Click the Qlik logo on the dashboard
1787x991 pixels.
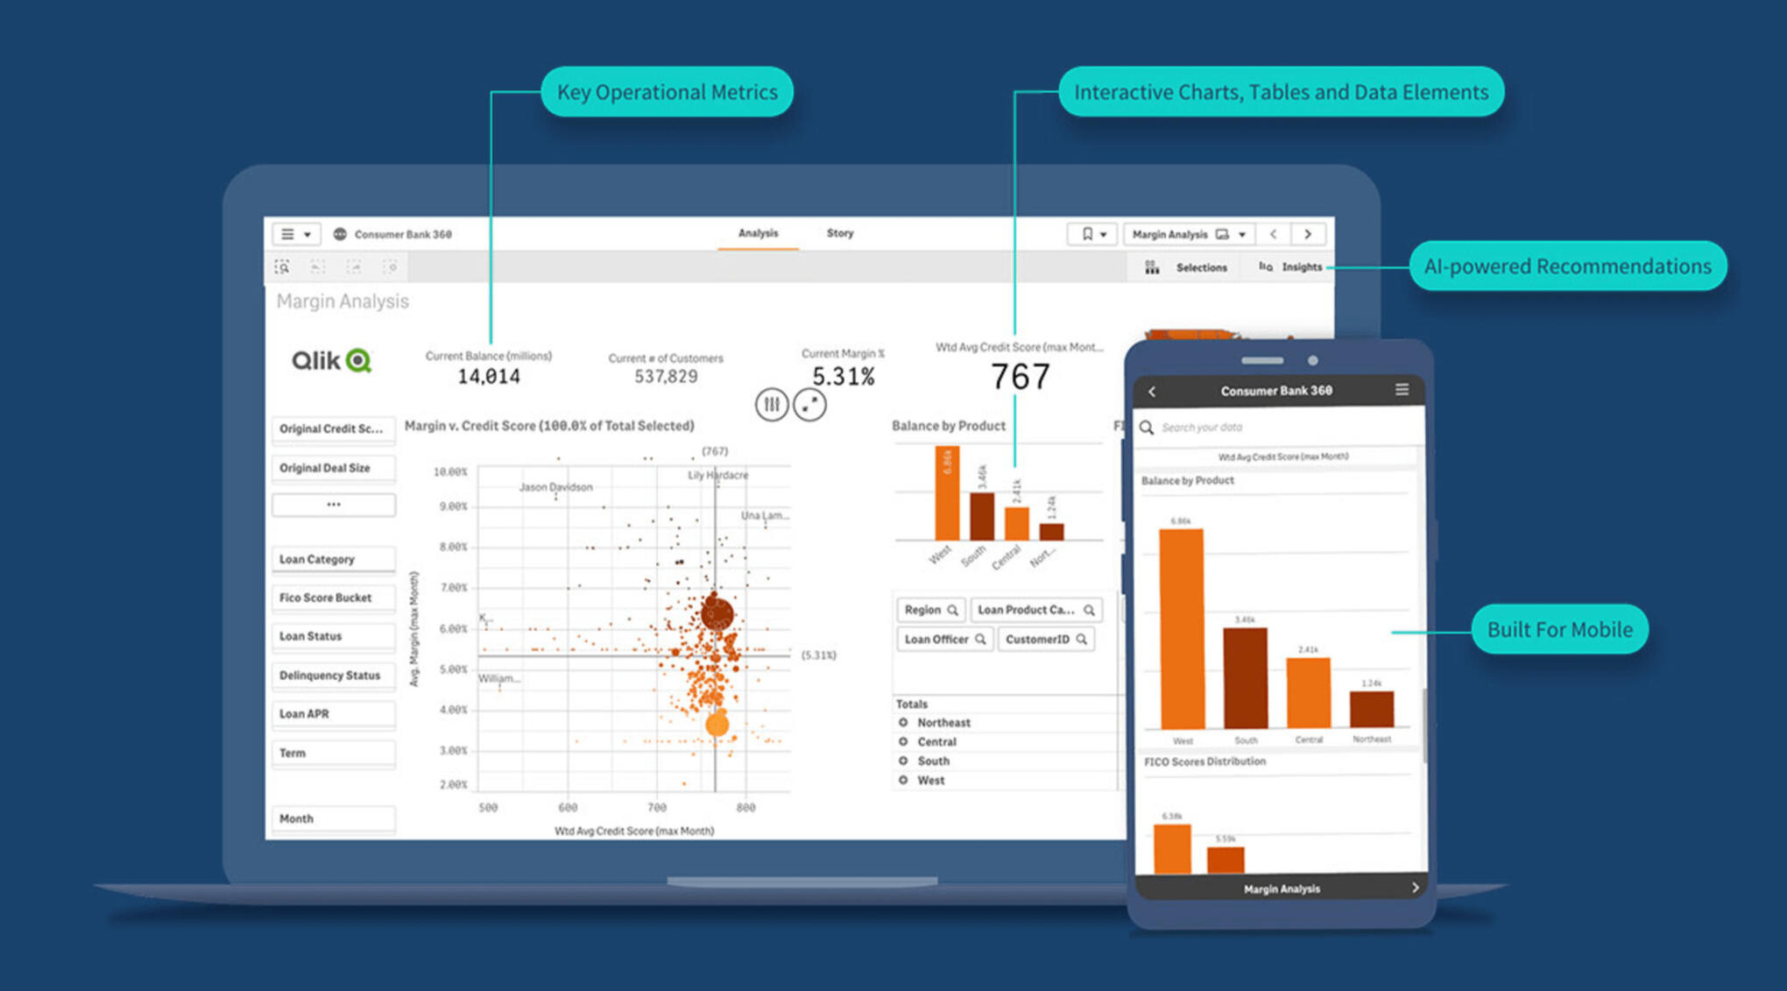click(331, 360)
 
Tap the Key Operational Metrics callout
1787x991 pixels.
click(667, 92)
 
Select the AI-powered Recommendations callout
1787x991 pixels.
click(1567, 266)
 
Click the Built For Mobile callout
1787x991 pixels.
click(1559, 629)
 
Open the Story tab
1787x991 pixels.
click(839, 233)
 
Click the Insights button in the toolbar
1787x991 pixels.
click(1291, 267)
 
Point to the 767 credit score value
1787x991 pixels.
click(1020, 377)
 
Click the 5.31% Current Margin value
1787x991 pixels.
click(843, 377)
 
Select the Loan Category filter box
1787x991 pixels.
click(333, 559)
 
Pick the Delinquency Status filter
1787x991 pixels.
click(333, 676)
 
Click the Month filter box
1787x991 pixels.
click(333, 818)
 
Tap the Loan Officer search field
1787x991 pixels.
click(944, 640)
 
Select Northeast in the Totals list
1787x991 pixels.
click(943, 723)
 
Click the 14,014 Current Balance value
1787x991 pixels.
click(489, 377)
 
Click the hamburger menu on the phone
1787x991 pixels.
click(1402, 390)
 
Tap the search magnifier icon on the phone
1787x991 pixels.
click(1147, 428)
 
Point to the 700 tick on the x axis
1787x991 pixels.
click(657, 807)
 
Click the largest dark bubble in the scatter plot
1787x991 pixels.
click(717, 613)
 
